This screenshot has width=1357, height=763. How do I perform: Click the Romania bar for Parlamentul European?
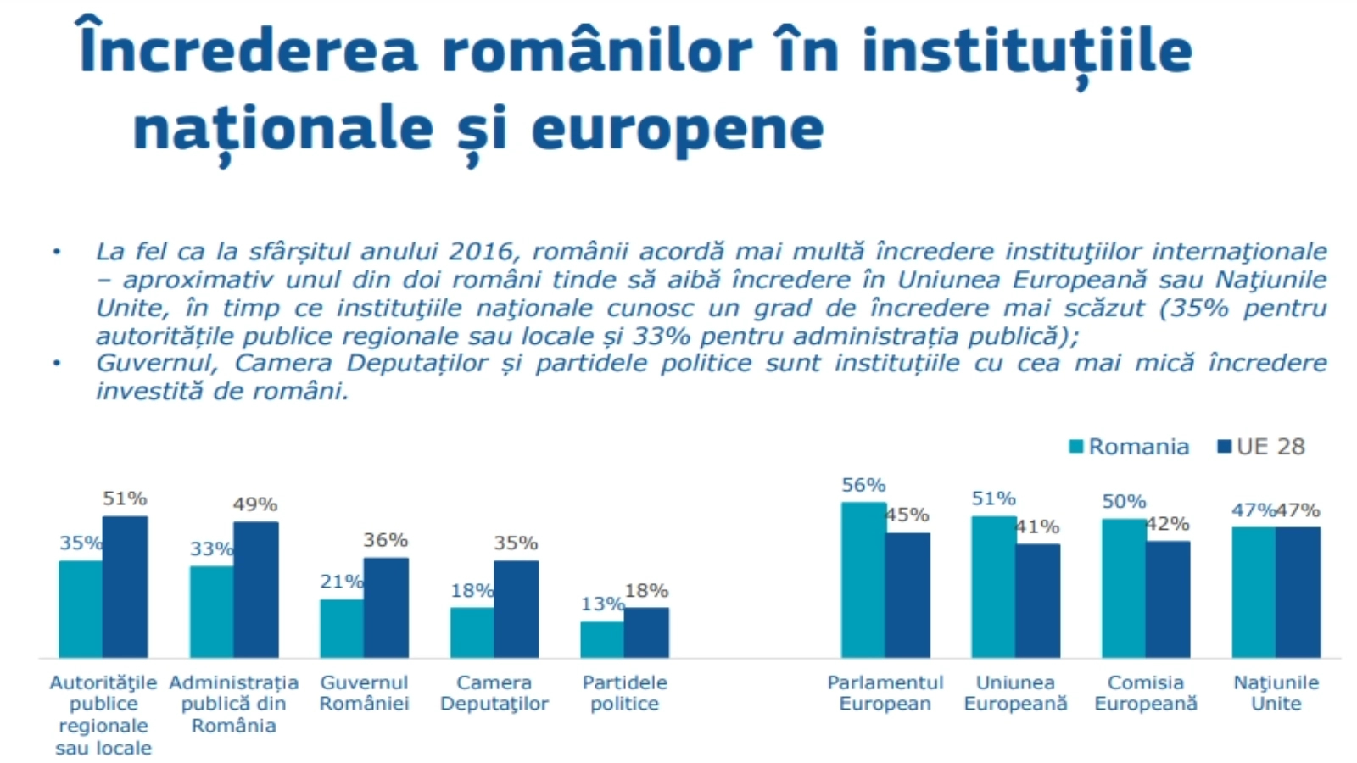(x=863, y=580)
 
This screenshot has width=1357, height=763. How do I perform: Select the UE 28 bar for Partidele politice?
(x=646, y=632)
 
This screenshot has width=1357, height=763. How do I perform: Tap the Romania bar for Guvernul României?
(x=342, y=628)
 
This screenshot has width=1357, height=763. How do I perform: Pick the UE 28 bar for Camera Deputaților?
(x=516, y=609)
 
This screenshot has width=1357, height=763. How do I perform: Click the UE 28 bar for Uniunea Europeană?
(x=1037, y=600)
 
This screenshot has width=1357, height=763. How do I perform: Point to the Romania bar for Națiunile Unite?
(x=1254, y=592)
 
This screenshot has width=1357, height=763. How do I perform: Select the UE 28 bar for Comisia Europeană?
(x=1168, y=599)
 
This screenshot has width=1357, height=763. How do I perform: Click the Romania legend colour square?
(x=1076, y=447)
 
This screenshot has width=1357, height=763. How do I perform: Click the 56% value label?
(x=863, y=485)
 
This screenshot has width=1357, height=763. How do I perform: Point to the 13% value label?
(x=602, y=604)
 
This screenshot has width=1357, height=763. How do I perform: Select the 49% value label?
(x=255, y=504)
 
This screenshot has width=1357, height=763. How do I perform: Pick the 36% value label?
(x=386, y=540)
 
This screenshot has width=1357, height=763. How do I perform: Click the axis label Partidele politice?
(x=624, y=693)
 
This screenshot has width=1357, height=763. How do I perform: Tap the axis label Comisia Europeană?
(x=1146, y=693)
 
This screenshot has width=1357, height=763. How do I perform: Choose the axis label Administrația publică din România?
(x=234, y=704)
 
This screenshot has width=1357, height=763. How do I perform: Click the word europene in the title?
(x=678, y=129)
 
